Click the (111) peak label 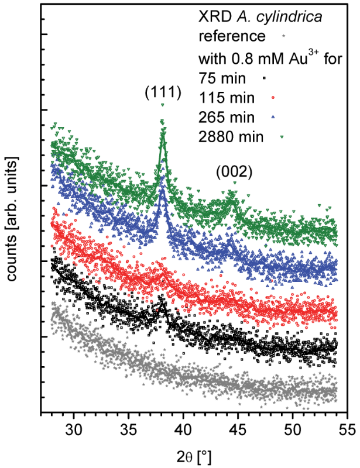162,92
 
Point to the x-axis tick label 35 129,430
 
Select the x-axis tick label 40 183,430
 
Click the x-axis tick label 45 238,430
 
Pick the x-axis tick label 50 293,430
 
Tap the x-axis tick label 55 347,430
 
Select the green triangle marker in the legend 282,137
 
